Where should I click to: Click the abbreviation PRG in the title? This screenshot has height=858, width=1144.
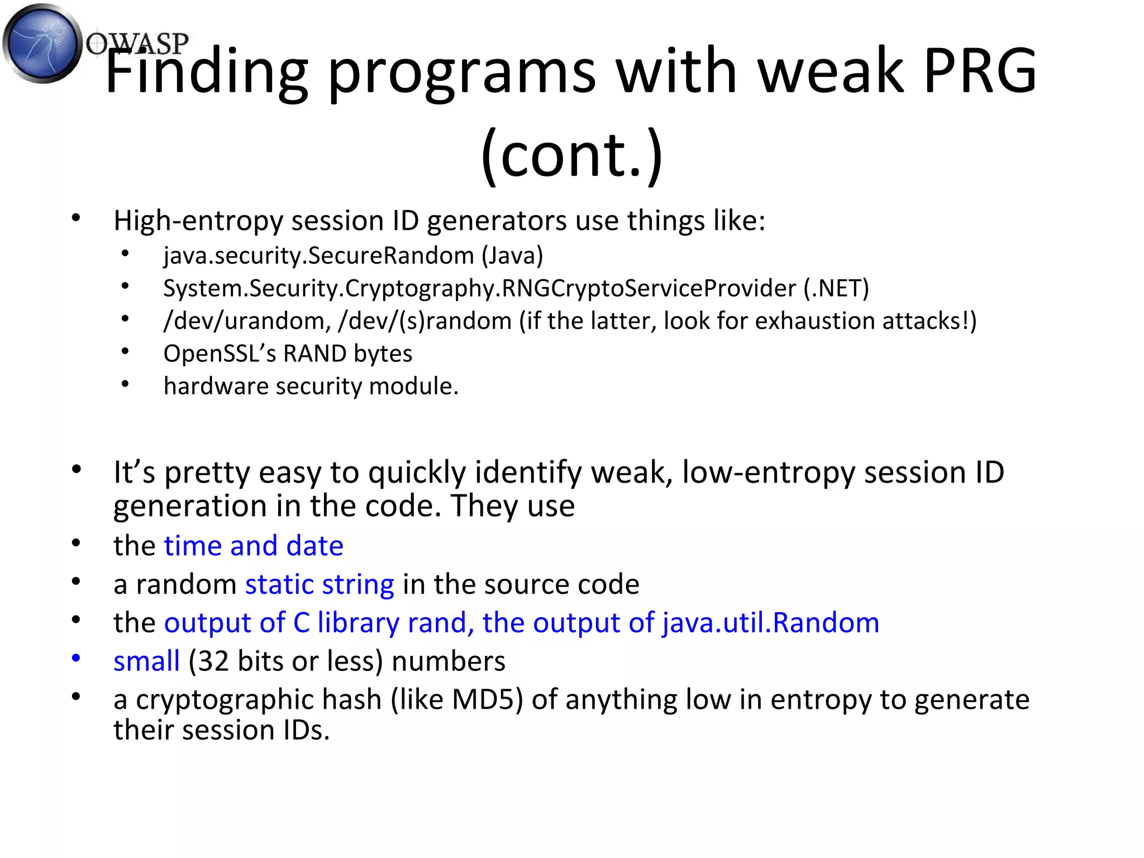click(x=980, y=71)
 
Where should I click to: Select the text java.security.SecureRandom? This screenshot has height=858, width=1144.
click(x=318, y=256)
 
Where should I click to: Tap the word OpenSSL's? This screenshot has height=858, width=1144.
click(x=220, y=354)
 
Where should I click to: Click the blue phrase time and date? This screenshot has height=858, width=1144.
click(x=253, y=546)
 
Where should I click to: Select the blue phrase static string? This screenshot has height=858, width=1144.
click(x=320, y=584)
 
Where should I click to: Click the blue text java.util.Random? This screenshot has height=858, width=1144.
click(x=770, y=623)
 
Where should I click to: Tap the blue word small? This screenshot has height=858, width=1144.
click(x=146, y=661)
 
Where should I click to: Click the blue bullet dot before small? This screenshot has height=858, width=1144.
click(x=76, y=658)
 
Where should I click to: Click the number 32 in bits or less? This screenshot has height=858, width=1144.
click(x=213, y=661)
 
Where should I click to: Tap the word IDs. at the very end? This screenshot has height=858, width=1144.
click(x=306, y=730)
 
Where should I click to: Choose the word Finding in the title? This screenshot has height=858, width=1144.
click(x=207, y=71)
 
